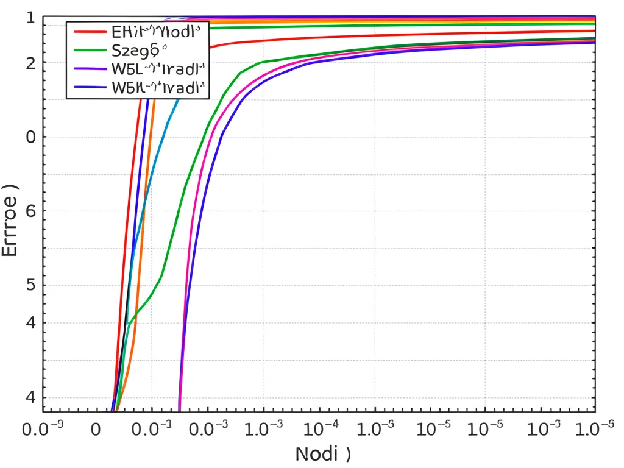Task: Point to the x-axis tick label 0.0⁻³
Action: point(208,429)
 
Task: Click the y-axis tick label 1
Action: point(30,18)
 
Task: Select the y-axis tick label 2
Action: point(30,63)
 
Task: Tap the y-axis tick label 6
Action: point(30,211)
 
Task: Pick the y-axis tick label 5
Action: point(30,286)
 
